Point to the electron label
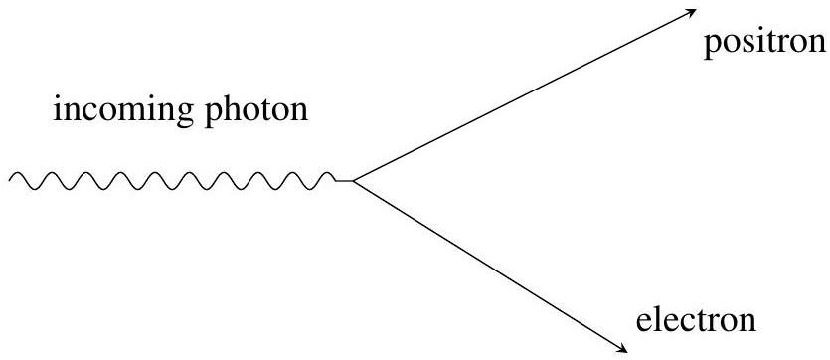coord(696,320)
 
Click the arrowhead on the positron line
coord(691,13)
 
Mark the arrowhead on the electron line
coord(622,348)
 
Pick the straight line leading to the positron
coord(525,95)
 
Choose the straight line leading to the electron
coord(490,267)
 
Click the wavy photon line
coord(172,181)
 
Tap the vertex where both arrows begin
coord(353,182)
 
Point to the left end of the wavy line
coord(9,181)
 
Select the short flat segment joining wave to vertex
coord(344,182)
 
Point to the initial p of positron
coord(712,49)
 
